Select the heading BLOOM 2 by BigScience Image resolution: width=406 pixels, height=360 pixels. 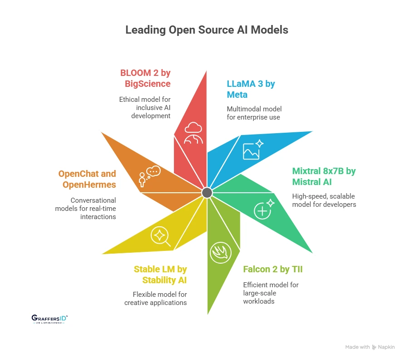[x=145, y=78]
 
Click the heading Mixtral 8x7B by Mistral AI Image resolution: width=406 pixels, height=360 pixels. [x=323, y=177]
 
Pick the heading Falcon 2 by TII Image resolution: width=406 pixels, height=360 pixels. [x=272, y=270]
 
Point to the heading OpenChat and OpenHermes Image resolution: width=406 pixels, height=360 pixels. [x=87, y=179]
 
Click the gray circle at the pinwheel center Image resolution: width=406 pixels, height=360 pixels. [x=207, y=193]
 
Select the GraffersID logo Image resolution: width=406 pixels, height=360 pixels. [x=50, y=319]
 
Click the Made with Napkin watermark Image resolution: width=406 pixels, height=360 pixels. [x=370, y=347]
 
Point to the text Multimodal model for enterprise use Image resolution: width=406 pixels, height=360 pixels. [x=255, y=113]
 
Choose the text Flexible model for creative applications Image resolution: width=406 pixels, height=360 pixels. [x=155, y=298]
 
